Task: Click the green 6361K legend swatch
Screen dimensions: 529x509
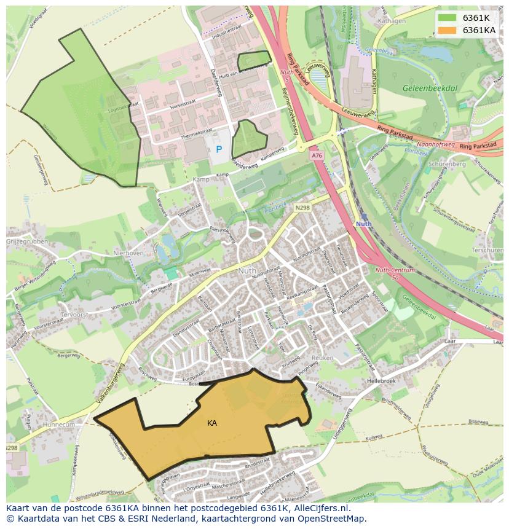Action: pos(448,17)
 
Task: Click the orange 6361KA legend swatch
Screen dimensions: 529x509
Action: pos(448,29)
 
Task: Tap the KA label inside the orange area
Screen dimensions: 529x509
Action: pos(212,423)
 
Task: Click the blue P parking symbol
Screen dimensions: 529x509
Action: pos(218,149)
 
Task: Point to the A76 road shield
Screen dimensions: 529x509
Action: pos(317,156)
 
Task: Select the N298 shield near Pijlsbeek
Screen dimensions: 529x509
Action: pos(302,208)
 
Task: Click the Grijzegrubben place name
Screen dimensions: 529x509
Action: pos(27,242)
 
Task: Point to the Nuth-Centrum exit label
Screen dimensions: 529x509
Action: pos(395,270)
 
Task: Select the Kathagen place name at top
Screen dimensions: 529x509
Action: pos(393,21)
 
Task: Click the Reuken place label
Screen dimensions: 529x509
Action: pos(322,357)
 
